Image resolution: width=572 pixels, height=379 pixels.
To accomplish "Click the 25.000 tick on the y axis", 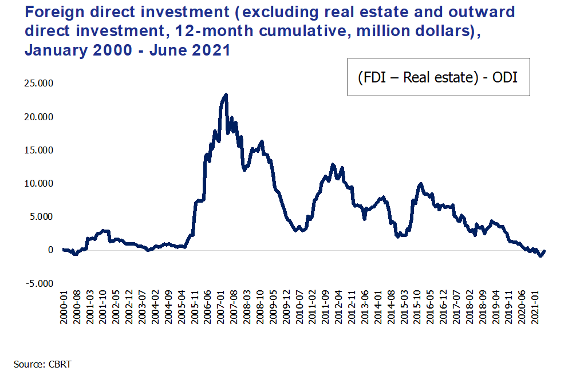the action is [39, 84].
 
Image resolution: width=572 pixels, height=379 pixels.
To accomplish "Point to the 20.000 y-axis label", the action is [39, 117].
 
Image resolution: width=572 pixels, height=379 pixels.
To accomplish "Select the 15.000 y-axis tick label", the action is [39, 151].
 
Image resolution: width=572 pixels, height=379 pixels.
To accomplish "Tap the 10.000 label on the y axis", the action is [39, 183].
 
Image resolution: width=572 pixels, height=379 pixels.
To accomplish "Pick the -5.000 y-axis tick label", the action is [40, 283].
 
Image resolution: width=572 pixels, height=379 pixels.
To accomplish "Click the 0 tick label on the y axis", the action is [51, 250].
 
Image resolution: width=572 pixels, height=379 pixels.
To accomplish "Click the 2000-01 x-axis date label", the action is [64, 307].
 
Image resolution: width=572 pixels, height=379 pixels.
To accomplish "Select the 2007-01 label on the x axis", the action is [220, 307].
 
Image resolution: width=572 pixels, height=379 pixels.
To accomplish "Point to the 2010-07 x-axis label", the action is [299, 307].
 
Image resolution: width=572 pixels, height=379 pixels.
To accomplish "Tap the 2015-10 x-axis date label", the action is [417, 307].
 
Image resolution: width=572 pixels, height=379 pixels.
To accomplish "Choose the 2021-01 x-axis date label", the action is [535, 307].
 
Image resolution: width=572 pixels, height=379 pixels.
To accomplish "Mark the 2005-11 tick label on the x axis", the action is [195, 307].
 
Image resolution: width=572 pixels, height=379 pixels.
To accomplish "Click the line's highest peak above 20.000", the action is [226, 94].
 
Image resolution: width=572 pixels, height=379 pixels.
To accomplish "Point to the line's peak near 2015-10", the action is [421, 184].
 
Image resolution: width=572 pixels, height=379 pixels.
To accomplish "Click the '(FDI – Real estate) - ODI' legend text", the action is [438, 77].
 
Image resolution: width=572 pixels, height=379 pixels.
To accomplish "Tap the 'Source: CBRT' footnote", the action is [43, 364].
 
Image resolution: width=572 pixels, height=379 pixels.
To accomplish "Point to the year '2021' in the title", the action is [211, 50].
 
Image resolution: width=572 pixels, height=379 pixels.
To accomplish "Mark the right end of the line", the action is [545, 251].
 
